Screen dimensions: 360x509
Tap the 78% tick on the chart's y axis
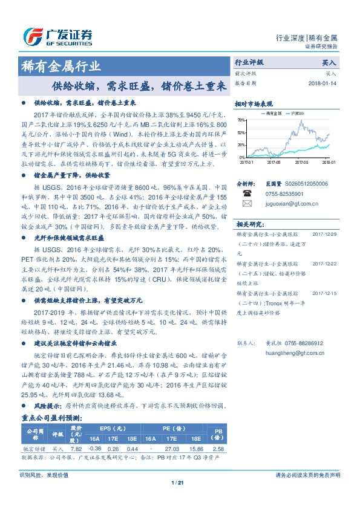click(241, 120)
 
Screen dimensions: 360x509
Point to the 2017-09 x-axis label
click(301, 162)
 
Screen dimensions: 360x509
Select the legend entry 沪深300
click(298, 114)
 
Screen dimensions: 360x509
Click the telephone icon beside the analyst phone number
click(247, 193)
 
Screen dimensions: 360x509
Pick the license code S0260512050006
click(306, 183)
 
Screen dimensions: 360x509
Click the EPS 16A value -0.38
click(95, 449)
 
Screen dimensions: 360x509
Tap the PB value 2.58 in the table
click(219, 449)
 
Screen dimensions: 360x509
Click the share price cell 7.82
click(76, 449)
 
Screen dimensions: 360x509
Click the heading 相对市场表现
click(254, 103)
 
